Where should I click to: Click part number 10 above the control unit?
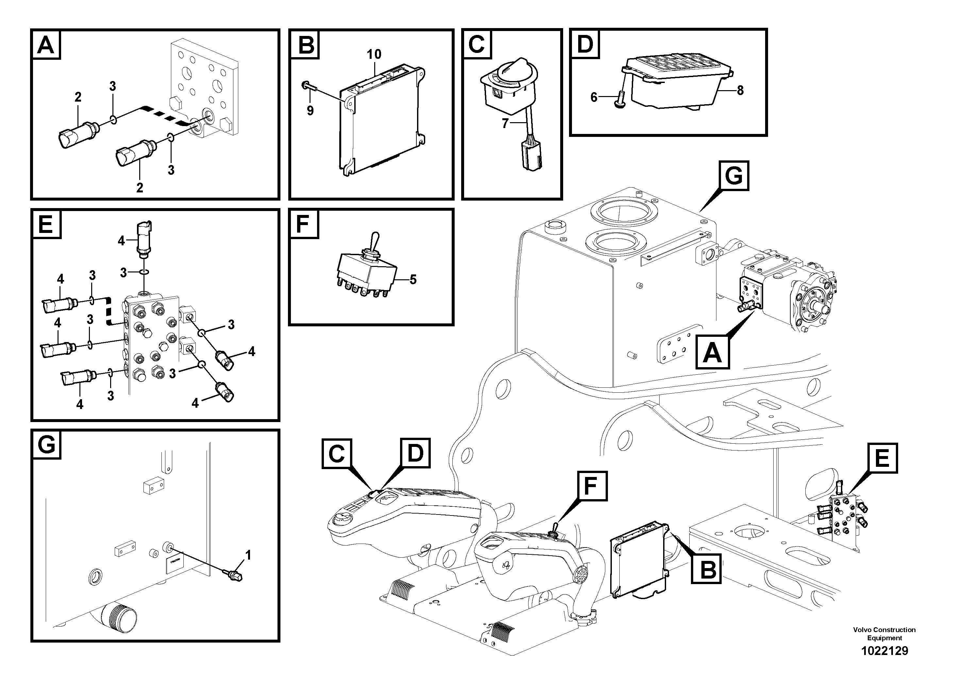[x=374, y=54]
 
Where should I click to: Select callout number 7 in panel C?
[x=505, y=124]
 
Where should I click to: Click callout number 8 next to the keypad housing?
[x=740, y=90]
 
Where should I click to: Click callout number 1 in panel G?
[x=248, y=555]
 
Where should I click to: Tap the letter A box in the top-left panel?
[x=46, y=44]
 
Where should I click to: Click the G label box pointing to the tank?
[x=733, y=176]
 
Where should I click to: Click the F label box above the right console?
[x=590, y=486]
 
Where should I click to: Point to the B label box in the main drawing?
[x=707, y=569]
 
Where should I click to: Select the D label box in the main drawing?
[x=415, y=453]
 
